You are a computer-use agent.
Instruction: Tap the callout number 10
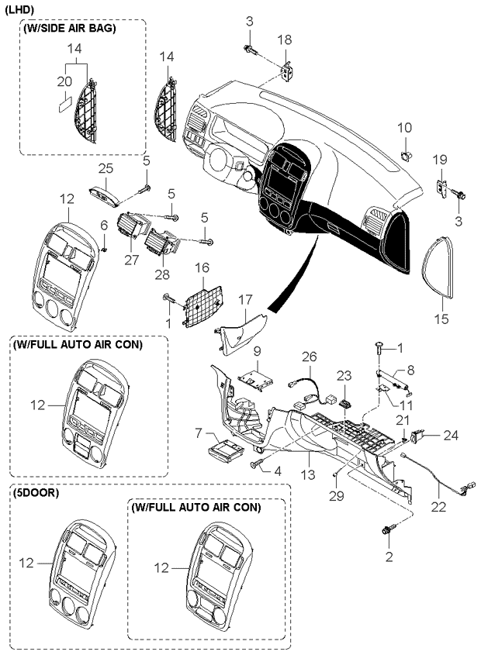click(404, 127)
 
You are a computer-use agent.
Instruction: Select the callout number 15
click(441, 319)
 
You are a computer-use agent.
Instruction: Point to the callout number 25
click(106, 169)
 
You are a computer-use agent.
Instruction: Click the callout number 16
click(202, 267)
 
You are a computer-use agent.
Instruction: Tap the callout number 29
click(336, 496)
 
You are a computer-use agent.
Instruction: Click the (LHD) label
click(19, 10)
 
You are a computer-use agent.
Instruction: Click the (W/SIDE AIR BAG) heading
click(71, 29)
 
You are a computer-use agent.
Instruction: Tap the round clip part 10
click(406, 156)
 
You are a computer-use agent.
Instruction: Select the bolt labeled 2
click(386, 532)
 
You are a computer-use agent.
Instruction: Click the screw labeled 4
click(256, 463)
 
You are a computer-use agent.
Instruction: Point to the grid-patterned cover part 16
click(203, 307)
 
